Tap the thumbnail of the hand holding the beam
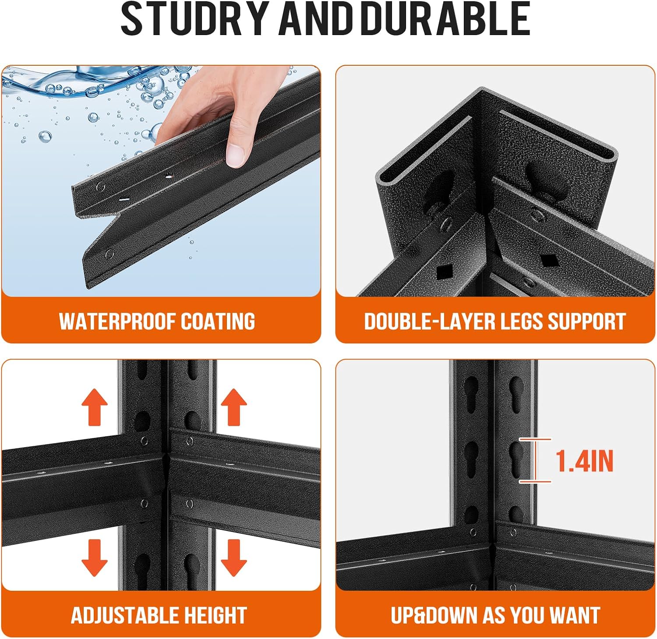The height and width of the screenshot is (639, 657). (161, 181)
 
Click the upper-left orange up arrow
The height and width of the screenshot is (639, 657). (95, 408)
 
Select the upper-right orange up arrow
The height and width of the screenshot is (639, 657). (233, 408)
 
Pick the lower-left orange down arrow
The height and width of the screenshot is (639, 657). (95, 558)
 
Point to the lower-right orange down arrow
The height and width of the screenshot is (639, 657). (233, 558)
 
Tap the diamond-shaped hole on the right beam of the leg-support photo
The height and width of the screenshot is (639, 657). (547, 260)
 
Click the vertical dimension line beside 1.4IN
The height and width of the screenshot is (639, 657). (535, 460)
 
